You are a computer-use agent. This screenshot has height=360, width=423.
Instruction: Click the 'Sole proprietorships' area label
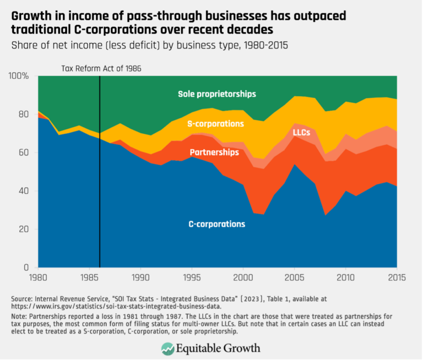[x=216, y=94]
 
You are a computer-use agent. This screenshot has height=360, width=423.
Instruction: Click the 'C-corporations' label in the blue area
[x=216, y=224]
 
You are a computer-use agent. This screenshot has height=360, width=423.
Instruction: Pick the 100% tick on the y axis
[x=18, y=76]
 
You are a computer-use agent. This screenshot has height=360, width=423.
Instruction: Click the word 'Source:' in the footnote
[x=23, y=298]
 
